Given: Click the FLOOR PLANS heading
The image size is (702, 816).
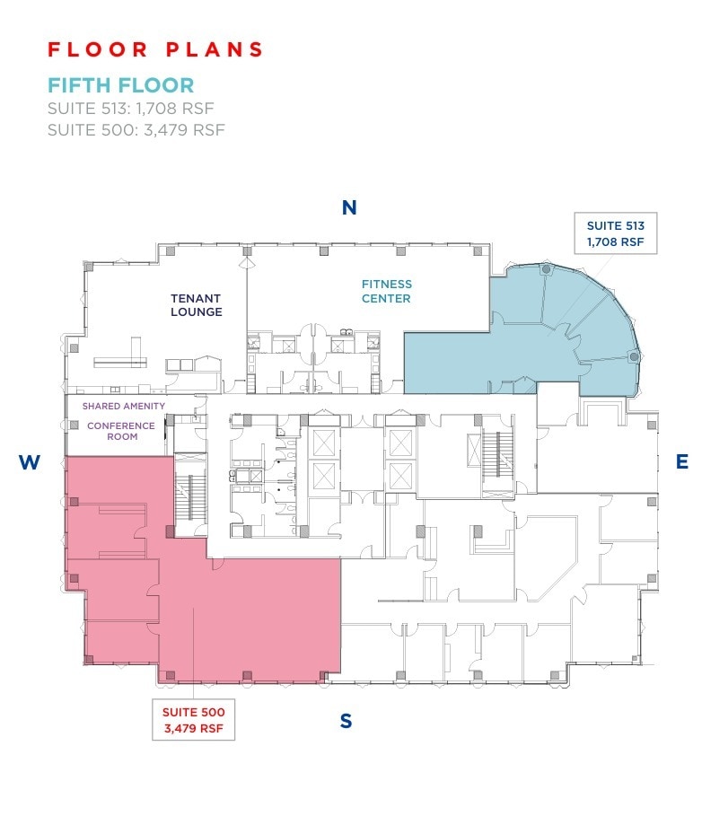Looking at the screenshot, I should (154, 49).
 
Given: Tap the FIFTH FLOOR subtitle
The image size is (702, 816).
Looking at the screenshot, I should (120, 86).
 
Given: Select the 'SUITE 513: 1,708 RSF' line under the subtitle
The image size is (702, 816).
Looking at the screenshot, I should (131, 110).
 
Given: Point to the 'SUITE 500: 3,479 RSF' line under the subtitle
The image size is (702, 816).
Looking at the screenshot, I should (136, 130).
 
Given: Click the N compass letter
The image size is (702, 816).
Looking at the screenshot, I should (349, 208).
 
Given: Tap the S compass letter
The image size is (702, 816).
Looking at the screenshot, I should (346, 721).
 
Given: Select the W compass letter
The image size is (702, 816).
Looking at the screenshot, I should (30, 462).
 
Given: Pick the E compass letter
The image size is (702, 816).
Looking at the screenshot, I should (681, 462).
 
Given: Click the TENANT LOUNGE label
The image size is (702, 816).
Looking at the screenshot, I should (197, 305).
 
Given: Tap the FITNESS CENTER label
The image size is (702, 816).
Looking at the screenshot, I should (387, 292).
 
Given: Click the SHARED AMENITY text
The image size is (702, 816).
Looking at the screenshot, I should (124, 407).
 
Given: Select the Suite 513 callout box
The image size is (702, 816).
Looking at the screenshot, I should (616, 234).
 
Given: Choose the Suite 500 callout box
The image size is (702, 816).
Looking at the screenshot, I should (193, 719).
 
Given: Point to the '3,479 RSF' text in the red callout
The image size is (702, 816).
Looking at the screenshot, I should (193, 728).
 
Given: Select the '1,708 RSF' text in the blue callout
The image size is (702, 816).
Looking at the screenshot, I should (616, 242).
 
